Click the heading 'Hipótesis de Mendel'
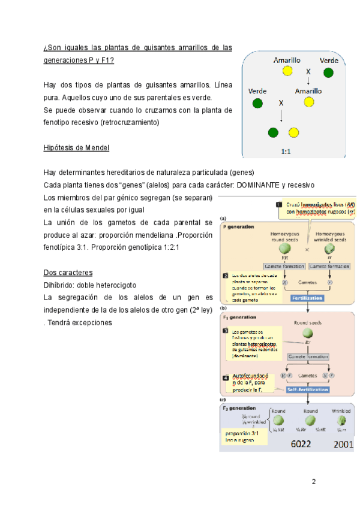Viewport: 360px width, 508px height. [76, 148]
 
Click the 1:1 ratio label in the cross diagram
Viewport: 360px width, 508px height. [286, 152]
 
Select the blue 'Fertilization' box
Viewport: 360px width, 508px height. [307, 297]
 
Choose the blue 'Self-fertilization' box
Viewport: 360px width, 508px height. [308, 389]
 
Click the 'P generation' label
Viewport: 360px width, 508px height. [239, 227]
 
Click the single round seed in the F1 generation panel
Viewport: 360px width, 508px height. [307, 333]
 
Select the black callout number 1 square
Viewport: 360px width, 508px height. [279, 204]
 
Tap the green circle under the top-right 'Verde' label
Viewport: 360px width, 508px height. [328, 73]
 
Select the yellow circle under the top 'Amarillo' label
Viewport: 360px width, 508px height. [287, 71]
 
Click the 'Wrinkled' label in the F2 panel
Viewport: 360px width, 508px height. [341, 412]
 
